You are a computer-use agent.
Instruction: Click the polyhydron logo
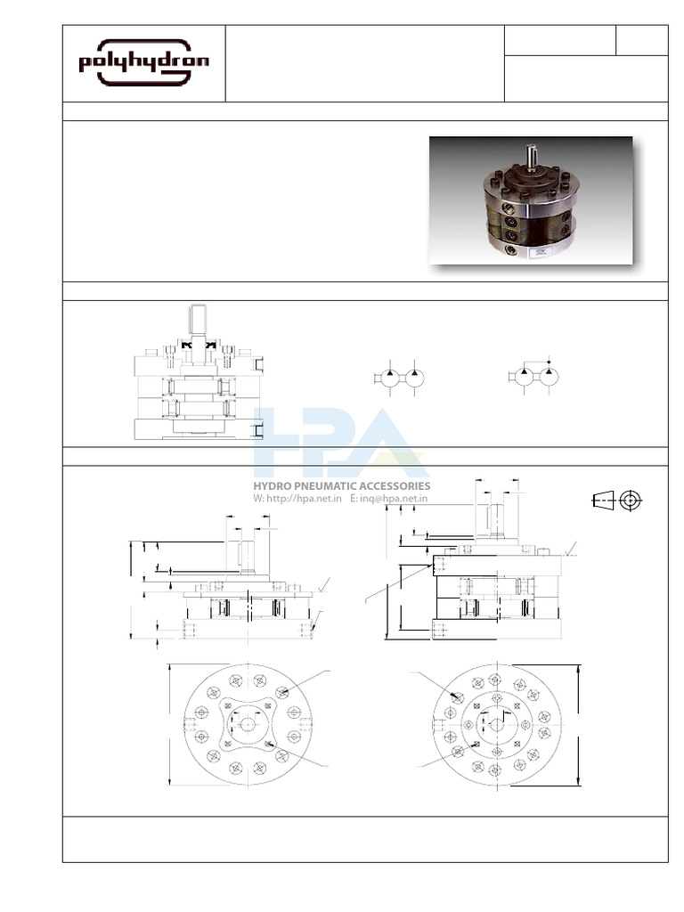[x=144, y=63]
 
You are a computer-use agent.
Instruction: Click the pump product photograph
[x=531, y=200]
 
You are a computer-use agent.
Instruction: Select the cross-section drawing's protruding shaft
[x=198, y=322]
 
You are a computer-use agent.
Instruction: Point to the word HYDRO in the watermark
[x=275, y=486]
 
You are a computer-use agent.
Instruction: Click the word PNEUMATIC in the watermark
[x=331, y=486]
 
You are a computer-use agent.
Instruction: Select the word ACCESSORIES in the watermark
[x=397, y=486]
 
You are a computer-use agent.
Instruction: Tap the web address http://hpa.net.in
[x=303, y=499]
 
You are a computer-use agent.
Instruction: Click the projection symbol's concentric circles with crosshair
[x=631, y=501]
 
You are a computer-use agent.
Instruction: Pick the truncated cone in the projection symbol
[x=603, y=501]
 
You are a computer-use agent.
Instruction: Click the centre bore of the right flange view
[x=496, y=725]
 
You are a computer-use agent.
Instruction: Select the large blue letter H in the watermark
[x=285, y=441]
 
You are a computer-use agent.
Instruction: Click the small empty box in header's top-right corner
[x=641, y=41]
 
